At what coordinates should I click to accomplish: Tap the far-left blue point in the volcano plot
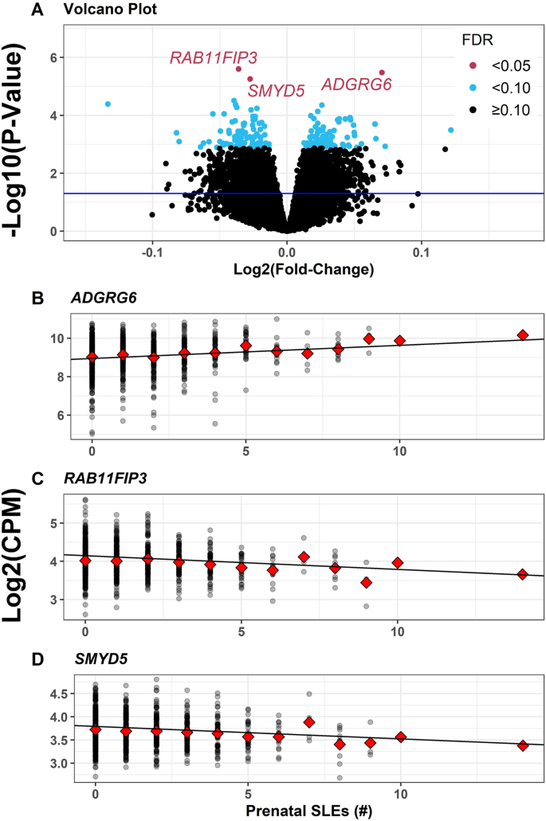coord(108,104)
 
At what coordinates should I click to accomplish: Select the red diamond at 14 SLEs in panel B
coord(523,335)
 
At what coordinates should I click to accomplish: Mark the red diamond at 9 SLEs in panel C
coord(367,582)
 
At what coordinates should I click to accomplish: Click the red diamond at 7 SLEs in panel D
coord(309,722)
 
